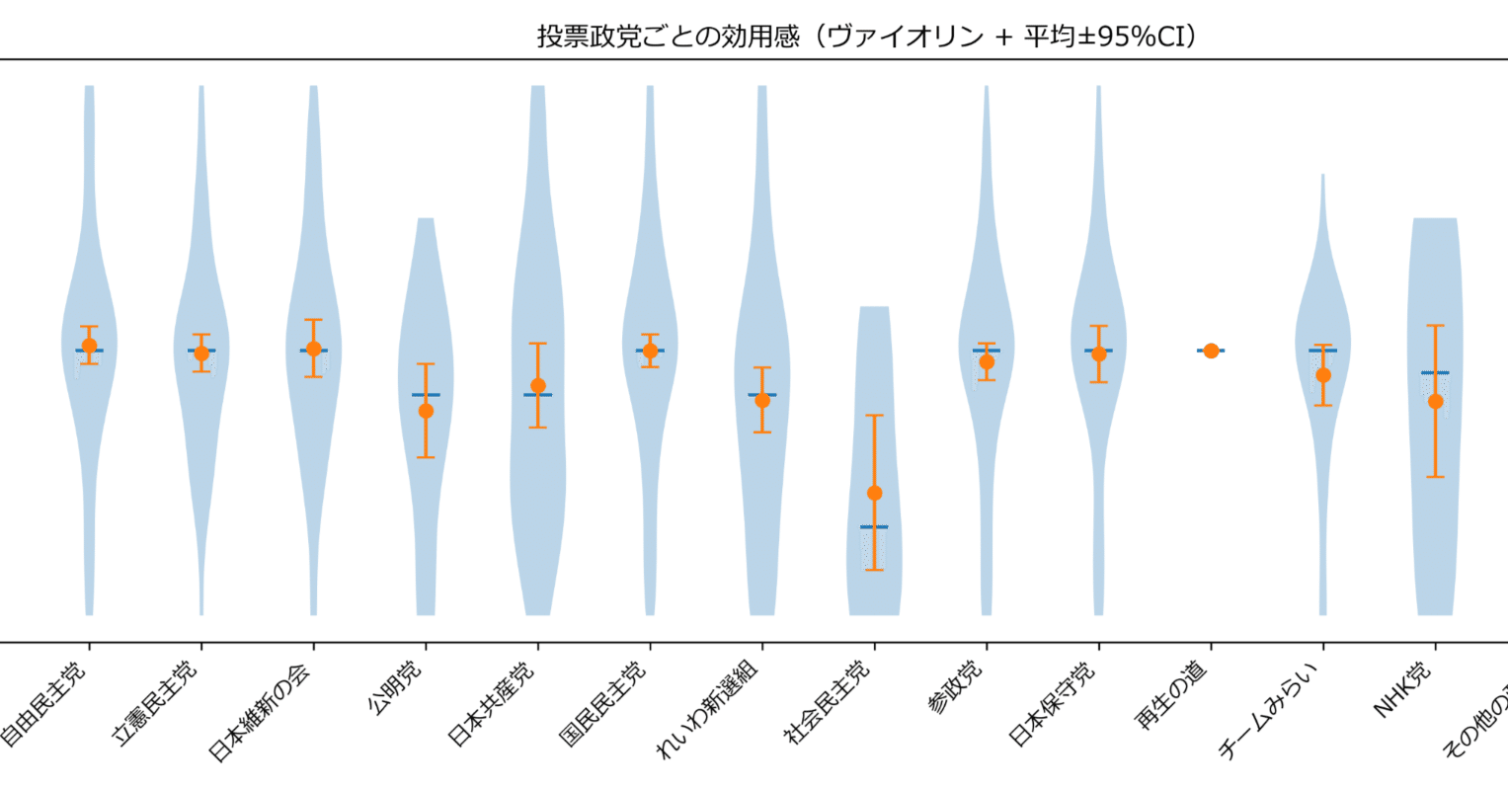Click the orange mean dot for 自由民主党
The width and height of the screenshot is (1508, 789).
[89, 346]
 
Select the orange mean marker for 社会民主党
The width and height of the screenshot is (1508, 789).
[874, 493]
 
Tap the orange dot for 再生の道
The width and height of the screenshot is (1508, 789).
[1211, 351]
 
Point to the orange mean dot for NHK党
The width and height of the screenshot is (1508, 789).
[1435, 401]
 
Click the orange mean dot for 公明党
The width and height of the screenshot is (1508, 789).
[426, 411]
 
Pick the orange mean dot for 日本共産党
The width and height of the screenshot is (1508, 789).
[538, 385]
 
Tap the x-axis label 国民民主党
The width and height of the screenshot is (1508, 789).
[604, 702]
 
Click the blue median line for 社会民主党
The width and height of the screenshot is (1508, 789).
[874, 526]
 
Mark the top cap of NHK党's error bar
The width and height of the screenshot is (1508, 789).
[1435, 325]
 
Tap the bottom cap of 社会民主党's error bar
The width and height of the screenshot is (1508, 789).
[874, 570]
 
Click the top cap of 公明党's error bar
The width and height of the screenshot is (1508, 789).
[426, 364]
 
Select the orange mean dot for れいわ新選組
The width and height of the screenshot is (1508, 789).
[762, 400]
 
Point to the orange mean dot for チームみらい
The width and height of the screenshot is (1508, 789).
[1323, 375]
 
